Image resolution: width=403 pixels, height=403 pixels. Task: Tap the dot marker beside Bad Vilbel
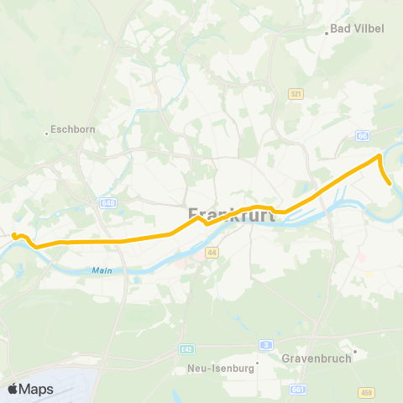(x=327, y=34)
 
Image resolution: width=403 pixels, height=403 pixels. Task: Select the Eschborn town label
(x=75, y=130)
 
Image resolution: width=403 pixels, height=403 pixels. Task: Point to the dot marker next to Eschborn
(x=47, y=132)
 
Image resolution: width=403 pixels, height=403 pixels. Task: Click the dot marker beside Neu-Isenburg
(x=258, y=364)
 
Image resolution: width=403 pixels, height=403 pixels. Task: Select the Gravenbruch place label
(x=317, y=357)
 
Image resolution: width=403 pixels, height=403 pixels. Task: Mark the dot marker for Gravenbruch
(x=355, y=351)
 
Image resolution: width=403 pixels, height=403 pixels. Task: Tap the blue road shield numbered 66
(x=363, y=134)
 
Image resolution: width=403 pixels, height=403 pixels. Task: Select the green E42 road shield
(x=186, y=347)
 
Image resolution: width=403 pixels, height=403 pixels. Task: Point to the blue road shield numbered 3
(x=265, y=344)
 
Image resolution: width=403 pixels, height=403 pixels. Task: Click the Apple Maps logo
(x=30, y=389)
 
